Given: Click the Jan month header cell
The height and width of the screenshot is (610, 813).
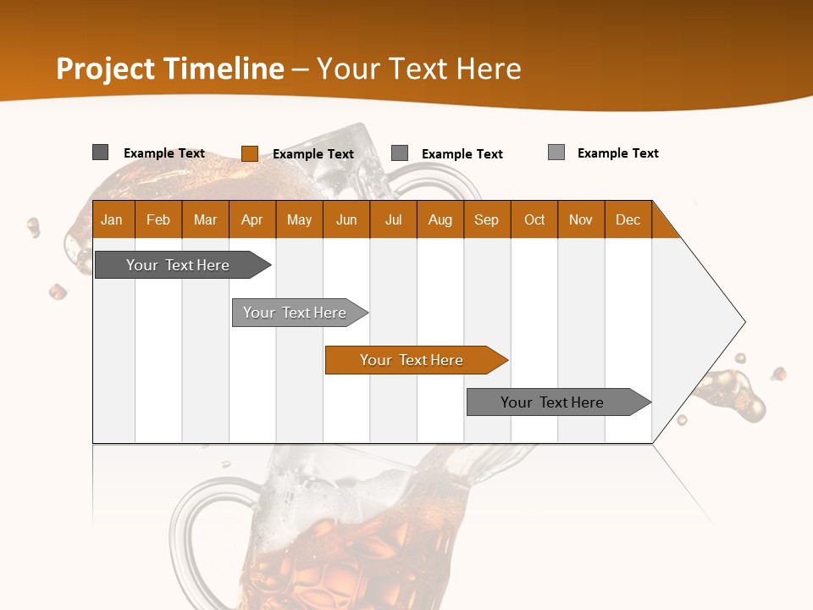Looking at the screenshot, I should tap(113, 219).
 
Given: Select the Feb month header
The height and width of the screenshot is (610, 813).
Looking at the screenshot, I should tap(158, 219).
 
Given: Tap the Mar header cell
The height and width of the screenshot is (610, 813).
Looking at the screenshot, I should tap(205, 219).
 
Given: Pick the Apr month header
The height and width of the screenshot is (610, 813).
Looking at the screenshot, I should tap(252, 219).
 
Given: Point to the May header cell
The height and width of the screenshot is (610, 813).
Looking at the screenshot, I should tap(299, 219).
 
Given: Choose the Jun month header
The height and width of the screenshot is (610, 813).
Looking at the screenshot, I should tap(346, 219).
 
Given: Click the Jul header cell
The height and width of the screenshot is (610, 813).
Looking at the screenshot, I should tap(393, 219).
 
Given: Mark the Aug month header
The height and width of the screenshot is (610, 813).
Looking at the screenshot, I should tap(440, 219).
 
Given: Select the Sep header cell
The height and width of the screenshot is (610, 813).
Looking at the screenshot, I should tap(487, 219).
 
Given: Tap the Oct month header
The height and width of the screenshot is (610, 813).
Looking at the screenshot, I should tap(534, 219).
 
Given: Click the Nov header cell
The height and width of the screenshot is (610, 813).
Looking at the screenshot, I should tap(581, 219).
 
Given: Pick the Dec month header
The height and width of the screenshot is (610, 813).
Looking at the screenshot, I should tap(628, 219).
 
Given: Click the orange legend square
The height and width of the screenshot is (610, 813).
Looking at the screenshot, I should tap(249, 153).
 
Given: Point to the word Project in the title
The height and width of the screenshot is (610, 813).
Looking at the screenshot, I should tap(107, 69).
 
